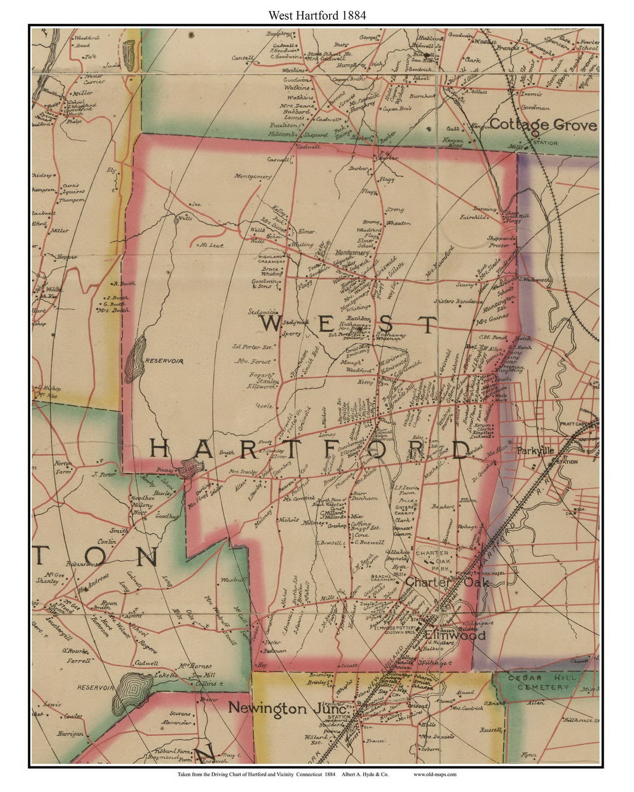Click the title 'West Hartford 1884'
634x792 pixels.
click(x=317, y=15)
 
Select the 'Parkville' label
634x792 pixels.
click(x=535, y=451)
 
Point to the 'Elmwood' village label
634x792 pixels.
click(x=455, y=636)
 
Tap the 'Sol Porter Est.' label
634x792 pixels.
click(x=253, y=347)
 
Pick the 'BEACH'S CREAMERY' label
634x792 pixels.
click(x=383, y=577)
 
